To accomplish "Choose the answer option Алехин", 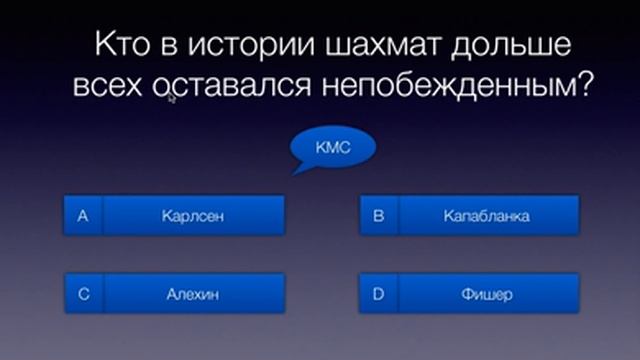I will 191,294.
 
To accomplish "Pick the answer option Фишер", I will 487,294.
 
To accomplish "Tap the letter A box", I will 83,215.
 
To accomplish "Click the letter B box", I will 379,215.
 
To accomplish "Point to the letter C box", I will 83,294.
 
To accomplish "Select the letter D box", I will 379,294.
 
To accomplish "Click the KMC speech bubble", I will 330,147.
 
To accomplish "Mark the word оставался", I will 230,87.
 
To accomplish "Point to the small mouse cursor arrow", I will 172,98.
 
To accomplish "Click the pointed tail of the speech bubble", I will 297,169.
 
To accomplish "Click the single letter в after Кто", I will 168,47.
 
